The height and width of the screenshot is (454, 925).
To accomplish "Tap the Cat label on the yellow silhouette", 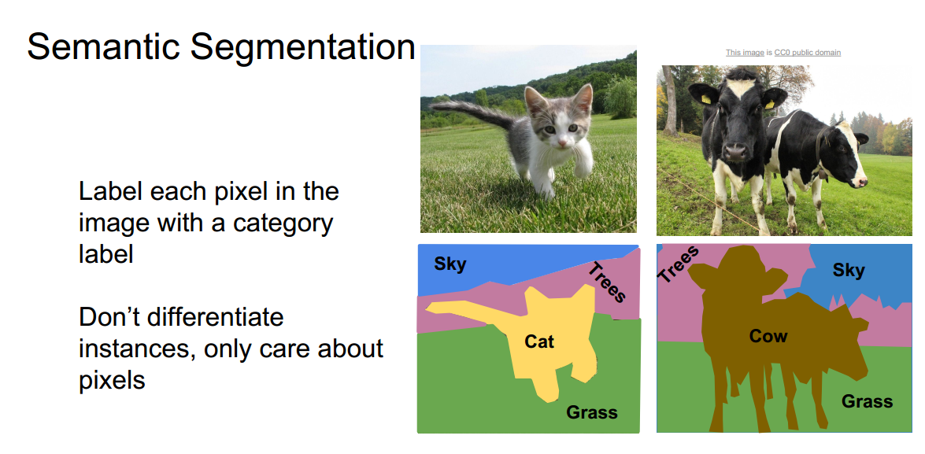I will [x=539, y=341].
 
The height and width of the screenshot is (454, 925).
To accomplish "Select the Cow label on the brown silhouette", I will [x=768, y=336].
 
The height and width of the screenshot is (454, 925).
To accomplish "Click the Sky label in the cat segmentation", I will [x=450, y=264].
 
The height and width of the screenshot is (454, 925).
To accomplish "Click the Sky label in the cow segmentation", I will [x=849, y=271].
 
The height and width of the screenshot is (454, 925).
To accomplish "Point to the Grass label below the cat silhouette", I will [x=592, y=412].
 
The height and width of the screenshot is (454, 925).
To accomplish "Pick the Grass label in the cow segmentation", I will [x=867, y=401].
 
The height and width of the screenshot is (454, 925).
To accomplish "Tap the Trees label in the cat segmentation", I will [x=607, y=282].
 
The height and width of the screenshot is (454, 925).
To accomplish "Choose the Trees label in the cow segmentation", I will [x=679, y=264].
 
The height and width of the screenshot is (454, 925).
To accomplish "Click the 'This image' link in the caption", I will [x=744, y=53].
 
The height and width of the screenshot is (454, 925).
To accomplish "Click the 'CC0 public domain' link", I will [x=807, y=53].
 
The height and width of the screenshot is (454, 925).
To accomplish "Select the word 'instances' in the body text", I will [x=135, y=349].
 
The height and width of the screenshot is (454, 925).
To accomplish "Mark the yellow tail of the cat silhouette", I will [x=464, y=308].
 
